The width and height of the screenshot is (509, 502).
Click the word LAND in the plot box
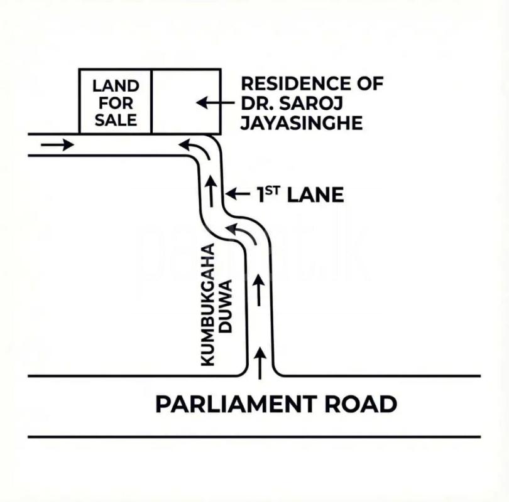pyautogui.click(x=116, y=85)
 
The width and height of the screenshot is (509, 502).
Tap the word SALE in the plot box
pyautogui.click(x=116, y=119)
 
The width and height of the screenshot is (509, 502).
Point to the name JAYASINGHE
pyautogui.click(x=302, y=123)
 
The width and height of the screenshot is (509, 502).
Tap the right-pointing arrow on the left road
pyautogui.click(x=57, y=145)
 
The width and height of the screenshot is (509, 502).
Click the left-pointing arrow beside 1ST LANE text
pyautogui.click(x=237, y=195)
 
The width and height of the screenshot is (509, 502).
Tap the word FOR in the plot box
pyautogui.click(x=116, y=102)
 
